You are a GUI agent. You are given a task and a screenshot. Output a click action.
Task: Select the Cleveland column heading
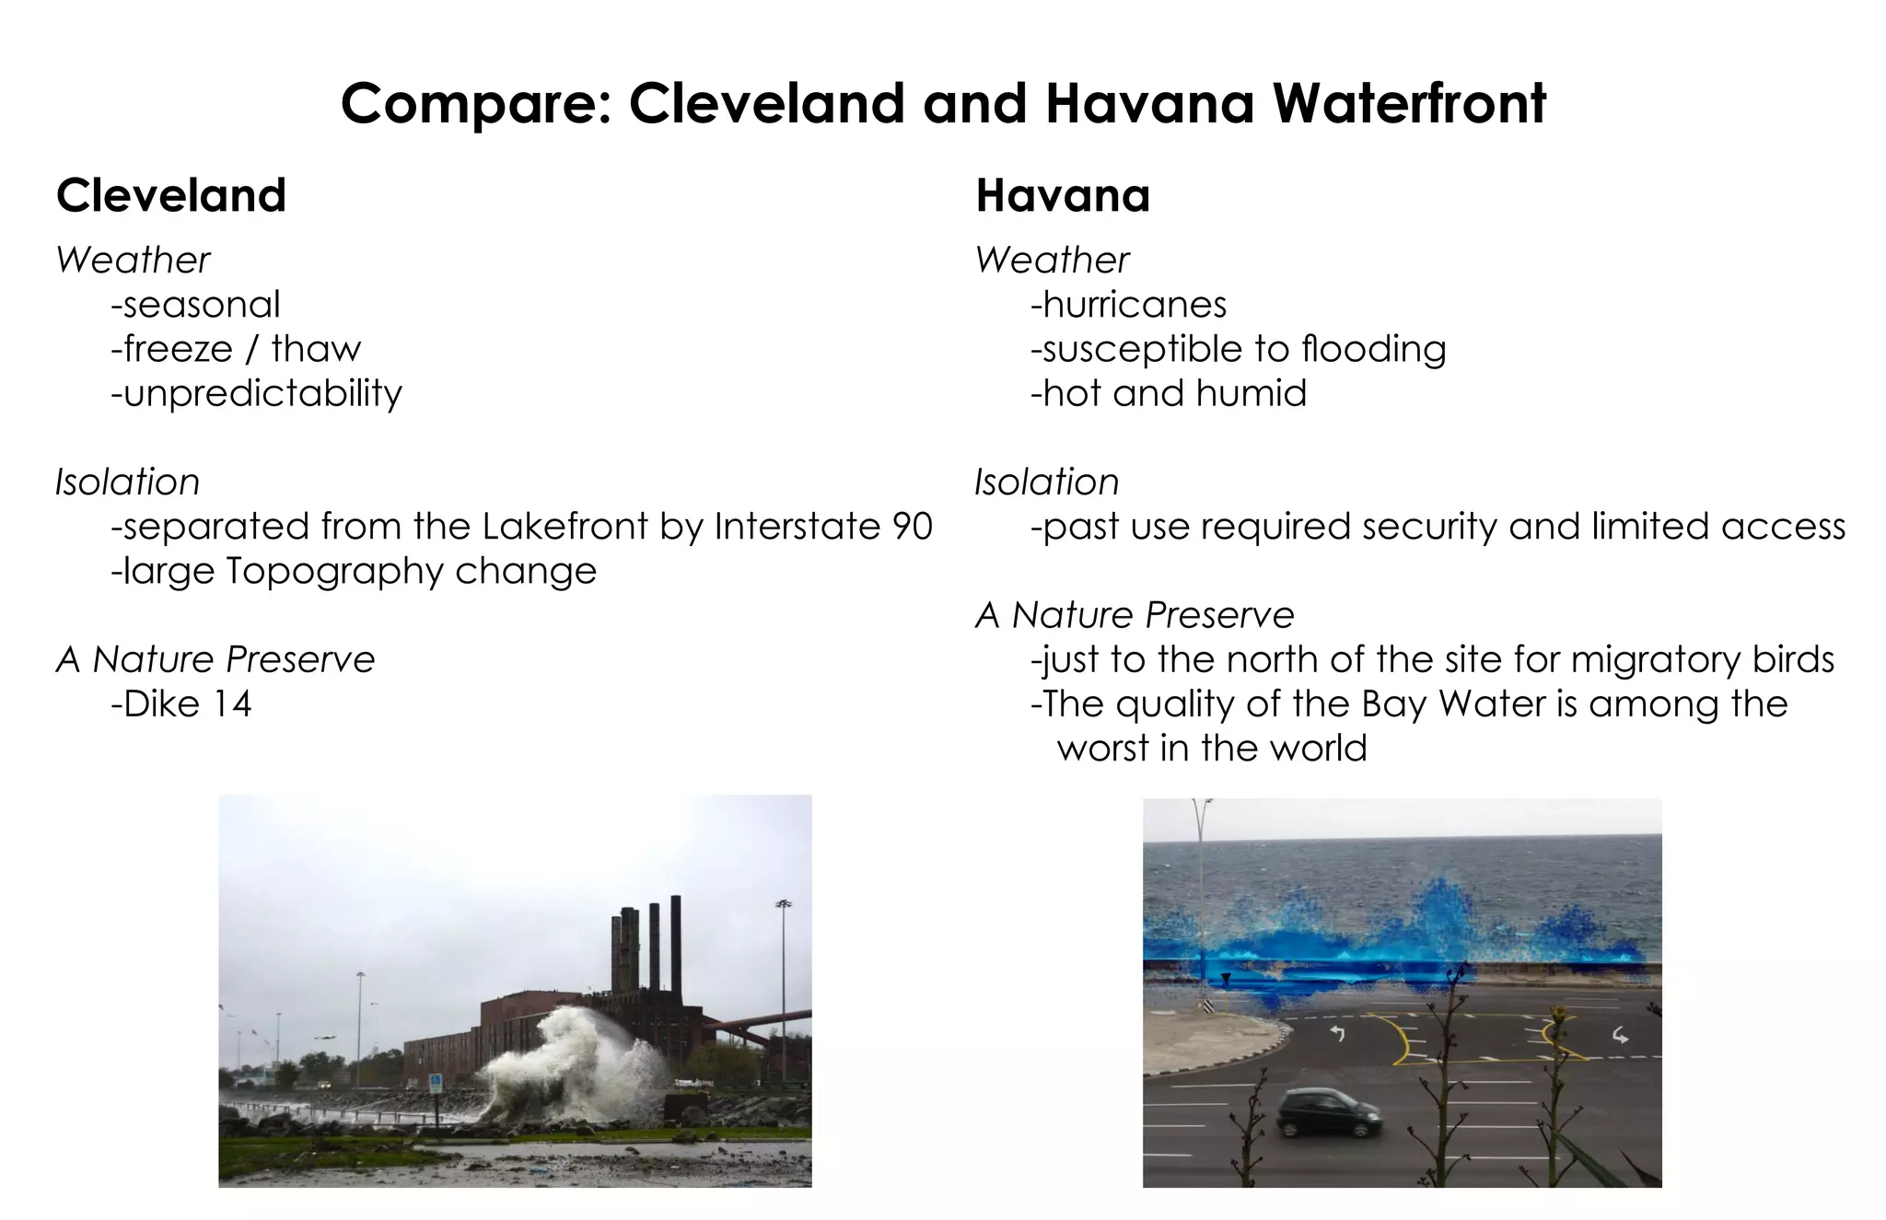(171, 195)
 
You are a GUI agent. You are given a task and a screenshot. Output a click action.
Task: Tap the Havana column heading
(1063, 195)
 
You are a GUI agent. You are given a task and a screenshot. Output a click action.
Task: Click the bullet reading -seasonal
(195, 305)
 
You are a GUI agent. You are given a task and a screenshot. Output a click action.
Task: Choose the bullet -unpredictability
(256, 393)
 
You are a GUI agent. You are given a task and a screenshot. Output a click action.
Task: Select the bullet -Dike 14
(180, 704)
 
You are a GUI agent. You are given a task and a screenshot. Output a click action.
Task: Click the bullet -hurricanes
(1128, 305)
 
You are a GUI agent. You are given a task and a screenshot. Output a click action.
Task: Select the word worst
(1103, 749)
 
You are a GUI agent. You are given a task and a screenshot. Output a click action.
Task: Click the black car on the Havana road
(1330, 1111)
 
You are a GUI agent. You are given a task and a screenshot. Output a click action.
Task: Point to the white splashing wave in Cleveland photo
(571, 1059)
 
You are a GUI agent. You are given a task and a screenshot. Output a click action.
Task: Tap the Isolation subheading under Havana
(1047, 482)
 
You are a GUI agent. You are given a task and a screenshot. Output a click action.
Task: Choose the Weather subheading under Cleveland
(133, 261)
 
